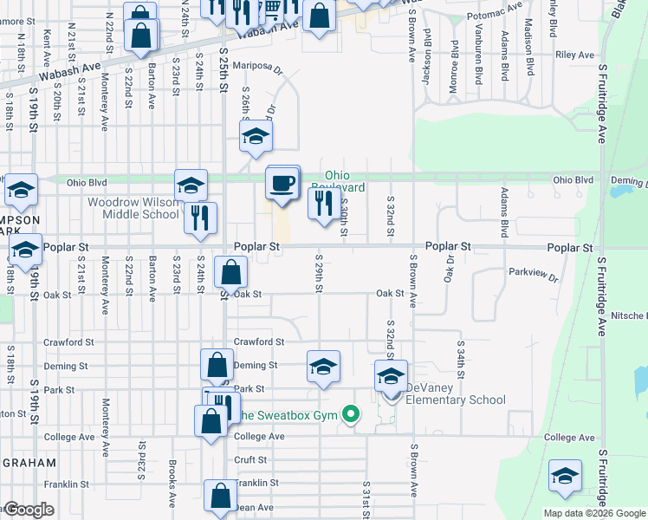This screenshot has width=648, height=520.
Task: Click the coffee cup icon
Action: coord(282,184)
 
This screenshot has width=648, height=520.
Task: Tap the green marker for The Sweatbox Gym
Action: coord(350,415)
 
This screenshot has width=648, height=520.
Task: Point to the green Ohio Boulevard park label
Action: coord(345,181)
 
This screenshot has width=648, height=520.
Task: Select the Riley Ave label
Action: coord(575,55)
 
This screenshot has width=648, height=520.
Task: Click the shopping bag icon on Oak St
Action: coord(231,274)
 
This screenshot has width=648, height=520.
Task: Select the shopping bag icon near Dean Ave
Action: coord(220,497)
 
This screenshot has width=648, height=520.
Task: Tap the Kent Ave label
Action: coord(46,43)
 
